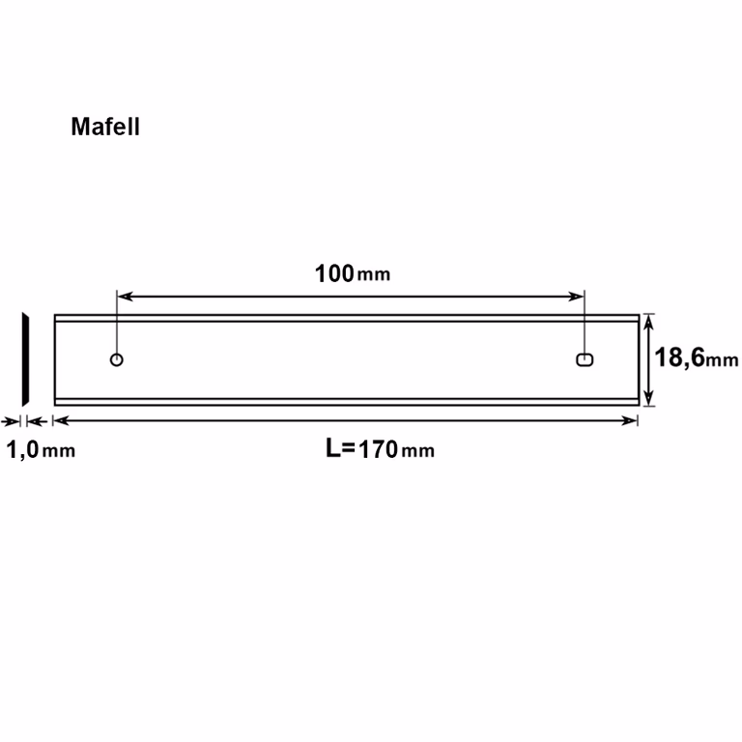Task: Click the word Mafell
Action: click(x=105, y=127)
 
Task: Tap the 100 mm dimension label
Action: click(x=353, y=274)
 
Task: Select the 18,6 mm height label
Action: click(x=696, y=357)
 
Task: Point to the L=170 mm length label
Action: click(x=380, y=448)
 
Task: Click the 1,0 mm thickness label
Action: click(x=41, y=449)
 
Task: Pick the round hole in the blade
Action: click(x=116, y=359)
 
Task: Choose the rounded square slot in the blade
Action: click(x=585, y=359)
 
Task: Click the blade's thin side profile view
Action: click(x=25, y=359)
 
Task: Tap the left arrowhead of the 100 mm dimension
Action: click(x=125, y=297)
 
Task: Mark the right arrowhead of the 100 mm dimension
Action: click(x=577, y=297)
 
